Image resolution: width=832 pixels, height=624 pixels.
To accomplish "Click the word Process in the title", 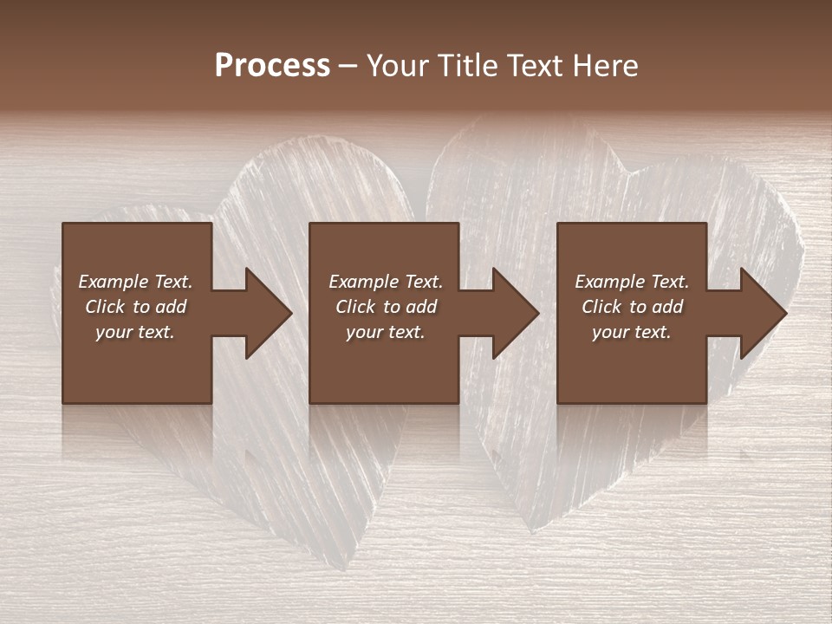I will click(x=272, y=66).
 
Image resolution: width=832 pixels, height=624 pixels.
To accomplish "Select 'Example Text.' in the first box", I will click(x=135, y=282).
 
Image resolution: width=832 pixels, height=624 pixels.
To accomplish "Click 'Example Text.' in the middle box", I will click(x=385, y=282).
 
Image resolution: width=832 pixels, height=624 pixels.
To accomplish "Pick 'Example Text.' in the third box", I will click(x=632, y=282).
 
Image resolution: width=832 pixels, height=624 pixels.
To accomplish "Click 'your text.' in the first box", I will click(x=135, y=332).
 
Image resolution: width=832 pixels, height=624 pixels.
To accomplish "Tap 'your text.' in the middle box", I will click(x=385, y=332).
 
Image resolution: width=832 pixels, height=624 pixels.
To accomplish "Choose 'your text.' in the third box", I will click(x=632, y=332).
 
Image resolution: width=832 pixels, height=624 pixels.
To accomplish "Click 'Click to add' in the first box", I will click(x=135, y=307).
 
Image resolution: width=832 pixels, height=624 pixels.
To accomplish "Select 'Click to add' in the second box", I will click(x=385, y=307).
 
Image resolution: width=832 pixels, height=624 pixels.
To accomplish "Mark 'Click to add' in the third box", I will click(x=632, y=307).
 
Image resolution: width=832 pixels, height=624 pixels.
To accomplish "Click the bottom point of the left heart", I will click(x=325, y=568).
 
